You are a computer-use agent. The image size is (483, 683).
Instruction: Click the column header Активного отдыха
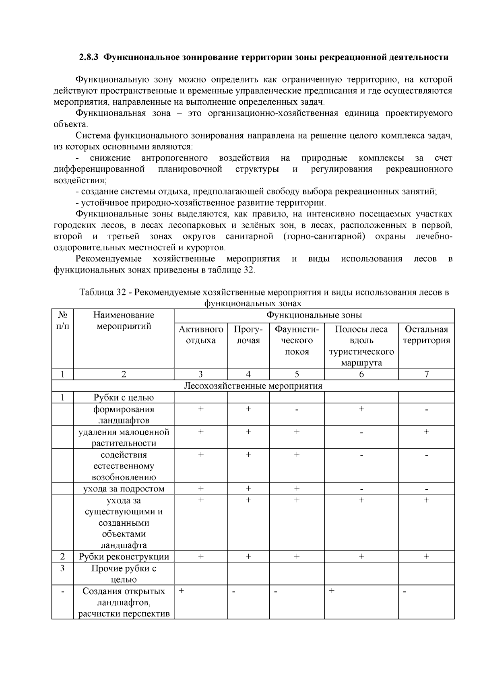click(200, 335)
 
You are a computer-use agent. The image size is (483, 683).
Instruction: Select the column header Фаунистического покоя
click(297, 340)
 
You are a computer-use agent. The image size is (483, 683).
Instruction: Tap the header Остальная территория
click(426, 335)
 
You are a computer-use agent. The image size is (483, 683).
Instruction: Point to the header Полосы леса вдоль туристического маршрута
click(361, 346)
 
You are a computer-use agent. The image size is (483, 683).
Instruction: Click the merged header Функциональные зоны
click(314, 315)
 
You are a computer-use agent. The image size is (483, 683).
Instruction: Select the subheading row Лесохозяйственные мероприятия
click(253, 386)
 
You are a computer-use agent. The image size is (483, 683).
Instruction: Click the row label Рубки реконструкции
click(124, 557)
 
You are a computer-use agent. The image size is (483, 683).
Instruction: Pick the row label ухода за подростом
click(124, 489)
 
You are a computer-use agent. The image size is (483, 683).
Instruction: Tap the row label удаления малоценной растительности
click(124, 437)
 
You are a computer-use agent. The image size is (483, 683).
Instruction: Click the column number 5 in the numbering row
click(297, 374)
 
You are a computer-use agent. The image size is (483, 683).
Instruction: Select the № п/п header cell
click(62, 320)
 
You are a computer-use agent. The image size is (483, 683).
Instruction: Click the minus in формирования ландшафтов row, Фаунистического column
click(297, 410)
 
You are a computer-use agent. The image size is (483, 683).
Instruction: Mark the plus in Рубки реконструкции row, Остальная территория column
click(426, 557)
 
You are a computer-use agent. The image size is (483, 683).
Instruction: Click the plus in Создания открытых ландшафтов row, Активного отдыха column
click(182, 591)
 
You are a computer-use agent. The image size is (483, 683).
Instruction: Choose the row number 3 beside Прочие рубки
click(62, 568)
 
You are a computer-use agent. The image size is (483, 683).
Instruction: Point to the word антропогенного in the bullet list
click(174, 158)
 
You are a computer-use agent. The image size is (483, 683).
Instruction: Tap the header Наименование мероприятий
click(124, 320)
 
